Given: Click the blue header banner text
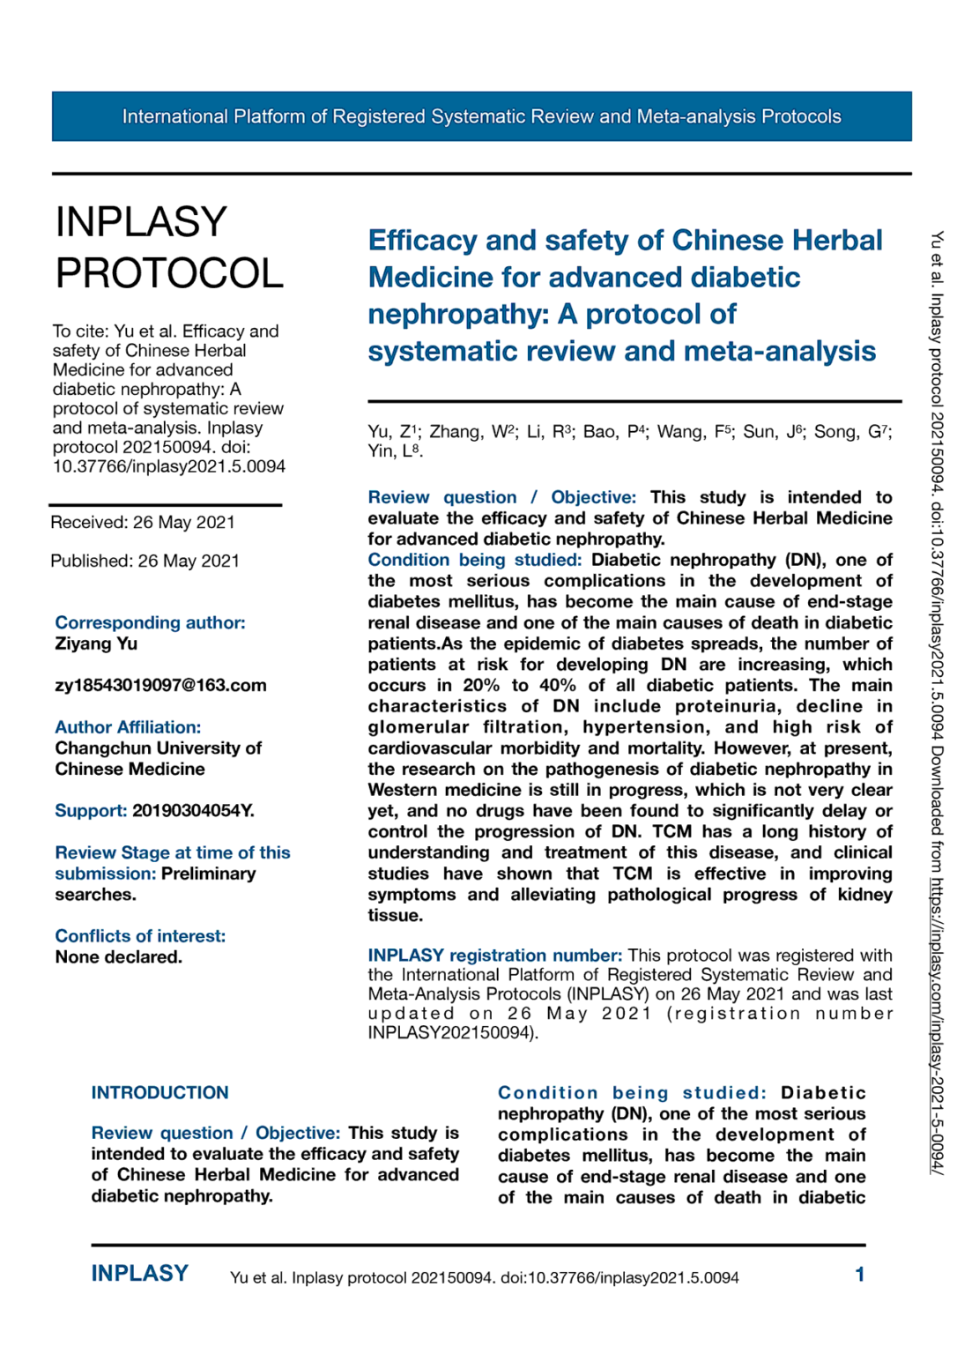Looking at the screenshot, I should tap(481, 116).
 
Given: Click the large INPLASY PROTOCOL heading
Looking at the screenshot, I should tap(168, 248).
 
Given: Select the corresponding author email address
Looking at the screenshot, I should tap(160, 685).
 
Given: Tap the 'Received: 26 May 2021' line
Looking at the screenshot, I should tap(143, 522).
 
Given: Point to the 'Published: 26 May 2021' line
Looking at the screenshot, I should tap(145, 561).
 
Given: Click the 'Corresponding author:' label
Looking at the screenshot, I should tap(150, 622).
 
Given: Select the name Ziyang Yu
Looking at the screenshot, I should tap(96, 644).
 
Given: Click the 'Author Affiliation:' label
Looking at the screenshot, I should tap(128, 727).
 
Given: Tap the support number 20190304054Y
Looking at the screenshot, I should tap(193, 810).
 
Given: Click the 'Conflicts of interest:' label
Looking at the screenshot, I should tap(140, 936).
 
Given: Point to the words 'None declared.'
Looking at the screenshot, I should tap(118, 957).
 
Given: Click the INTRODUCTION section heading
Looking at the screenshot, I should tap(159, 1092).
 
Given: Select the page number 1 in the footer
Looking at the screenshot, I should tap(859, 1274).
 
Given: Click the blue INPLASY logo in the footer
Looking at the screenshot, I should tap(140, 1274).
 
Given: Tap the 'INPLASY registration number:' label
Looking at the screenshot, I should tap(494, 956).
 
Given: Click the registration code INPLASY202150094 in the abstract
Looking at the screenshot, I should tap(449, 1032).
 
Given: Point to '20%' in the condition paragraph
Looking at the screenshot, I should tap(481, 686).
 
